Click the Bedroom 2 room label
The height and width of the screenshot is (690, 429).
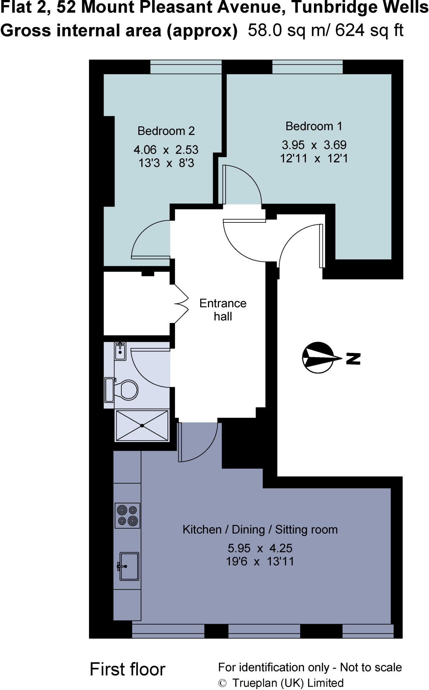pos(166,131)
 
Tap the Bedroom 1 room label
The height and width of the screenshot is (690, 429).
pos(314,126)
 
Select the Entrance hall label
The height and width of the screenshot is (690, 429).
pos(223,310)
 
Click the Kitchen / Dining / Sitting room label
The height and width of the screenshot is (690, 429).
pos(260,529)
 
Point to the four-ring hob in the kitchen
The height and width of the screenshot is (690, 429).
pos(127,515)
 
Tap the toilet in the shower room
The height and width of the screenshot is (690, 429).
pos(127,390)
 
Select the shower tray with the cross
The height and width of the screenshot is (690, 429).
pos(142,426)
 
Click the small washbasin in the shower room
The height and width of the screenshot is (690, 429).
pos(120,351)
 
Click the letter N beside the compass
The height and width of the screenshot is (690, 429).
pos(353,358)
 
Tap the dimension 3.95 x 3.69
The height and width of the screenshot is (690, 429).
pos(314,145)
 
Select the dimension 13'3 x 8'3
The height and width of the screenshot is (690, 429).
pos(166,163)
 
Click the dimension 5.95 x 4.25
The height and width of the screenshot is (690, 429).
pos(260,548)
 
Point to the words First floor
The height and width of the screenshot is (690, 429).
pos(127,669)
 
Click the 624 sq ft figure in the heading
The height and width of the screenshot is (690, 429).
pos(369,30)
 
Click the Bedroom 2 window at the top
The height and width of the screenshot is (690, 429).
pos(185,67)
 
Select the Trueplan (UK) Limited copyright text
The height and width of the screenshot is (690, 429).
pos(287,683)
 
